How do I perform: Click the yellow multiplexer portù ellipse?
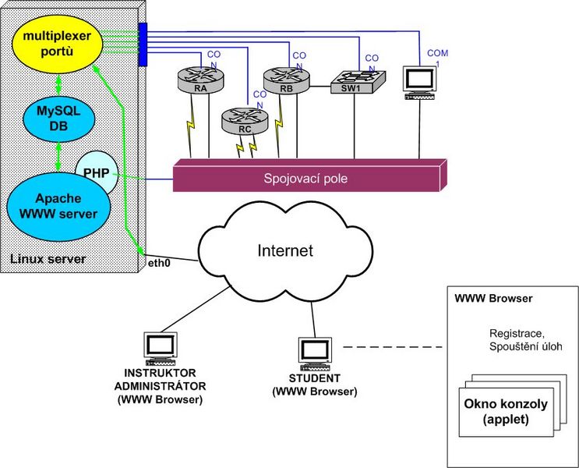point(57,43)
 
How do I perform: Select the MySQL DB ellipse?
point(58,119)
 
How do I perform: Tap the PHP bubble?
point(97,172)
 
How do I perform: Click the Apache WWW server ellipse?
point(58,206)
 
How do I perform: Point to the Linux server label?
point(48,259)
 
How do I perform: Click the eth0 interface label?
point(159,264)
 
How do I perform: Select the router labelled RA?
point(201,80)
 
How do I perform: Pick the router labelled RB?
point(287,80)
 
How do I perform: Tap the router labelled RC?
point(245,121)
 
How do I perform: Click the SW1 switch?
point(358,82)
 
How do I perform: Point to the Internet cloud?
point(285,251)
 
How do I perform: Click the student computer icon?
point(315,354)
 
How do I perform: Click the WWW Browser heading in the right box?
point(493,298)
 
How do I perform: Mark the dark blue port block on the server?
point(143,44)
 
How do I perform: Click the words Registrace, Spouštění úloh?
point(526,340)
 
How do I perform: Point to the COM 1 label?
point(438,58)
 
